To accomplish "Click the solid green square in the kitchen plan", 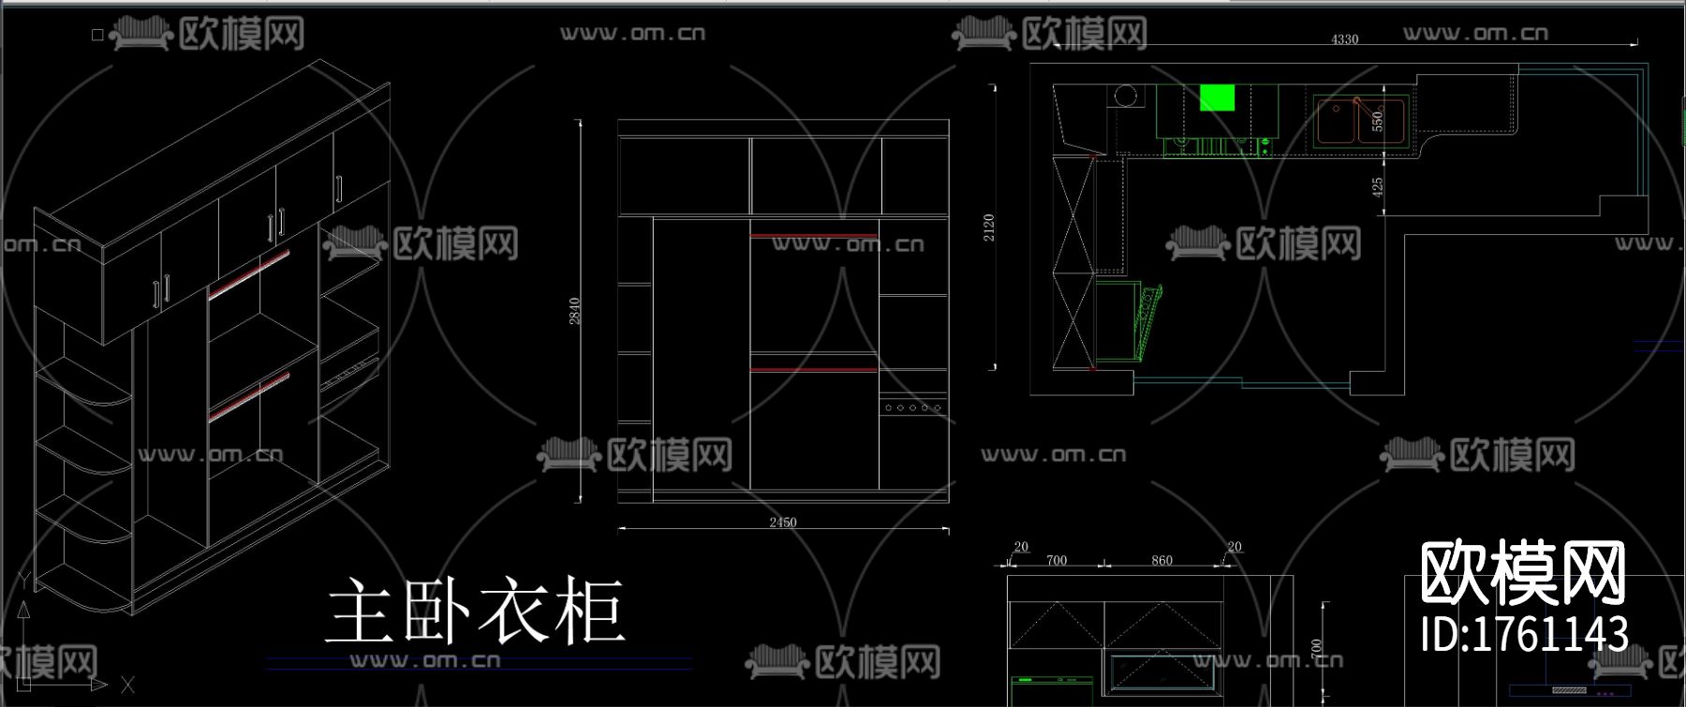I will point(1217,97).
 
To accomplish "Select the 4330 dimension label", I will point(1344,39).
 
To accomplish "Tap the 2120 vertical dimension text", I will point(989,228).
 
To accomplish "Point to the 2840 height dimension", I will point(574,311).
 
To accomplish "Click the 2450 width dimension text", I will point(783,523).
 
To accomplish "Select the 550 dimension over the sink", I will point(1377,122).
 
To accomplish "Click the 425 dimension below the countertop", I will point(1377,187).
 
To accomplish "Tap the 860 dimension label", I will point(1161,560).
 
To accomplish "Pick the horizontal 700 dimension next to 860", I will point(1057,560).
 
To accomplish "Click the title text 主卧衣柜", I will point(475,611).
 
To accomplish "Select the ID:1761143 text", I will point(1524,634).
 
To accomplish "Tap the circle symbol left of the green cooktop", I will point(1126,96).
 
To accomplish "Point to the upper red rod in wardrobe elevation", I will point(813,236).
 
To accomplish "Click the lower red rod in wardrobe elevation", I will point(813,370).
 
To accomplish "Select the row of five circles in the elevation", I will point(912,407).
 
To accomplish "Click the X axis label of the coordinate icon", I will point(127,685).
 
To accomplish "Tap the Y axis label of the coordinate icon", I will point(24,581).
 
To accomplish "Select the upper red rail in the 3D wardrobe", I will point(248,274).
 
